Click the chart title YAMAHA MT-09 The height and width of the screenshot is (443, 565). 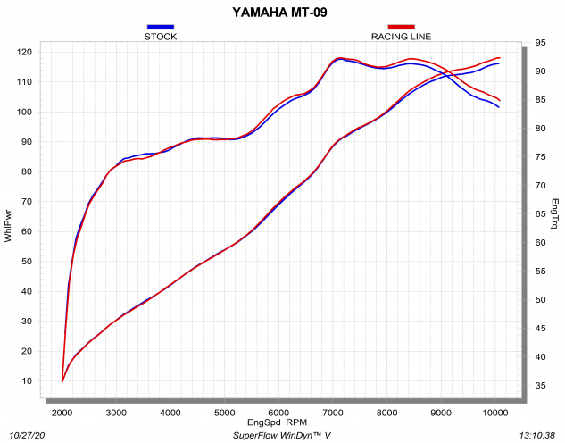click(x=282, y=13)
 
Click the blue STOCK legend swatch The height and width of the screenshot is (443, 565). click(x=161, y=28)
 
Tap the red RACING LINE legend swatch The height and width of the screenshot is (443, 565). click(x=402, y=28)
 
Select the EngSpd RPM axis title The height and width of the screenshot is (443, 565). click(x=277, y=422)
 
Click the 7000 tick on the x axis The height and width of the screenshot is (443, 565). click(x=333, y=412)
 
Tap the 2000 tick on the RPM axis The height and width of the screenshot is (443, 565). click(x=62, y=412)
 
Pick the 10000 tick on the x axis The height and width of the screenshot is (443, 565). click(x=495, y=412)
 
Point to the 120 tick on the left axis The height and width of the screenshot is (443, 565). click(x=24, y=52)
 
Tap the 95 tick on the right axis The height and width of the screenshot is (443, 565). click(x=541, y=43)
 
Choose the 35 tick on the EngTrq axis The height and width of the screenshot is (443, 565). click(x=541, y=385)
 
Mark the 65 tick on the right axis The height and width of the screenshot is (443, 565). click(x=541, y=213)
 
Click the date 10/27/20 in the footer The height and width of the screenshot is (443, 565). click(x=28, y=435)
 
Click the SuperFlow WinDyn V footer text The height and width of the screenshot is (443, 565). click(x=282, y=435)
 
